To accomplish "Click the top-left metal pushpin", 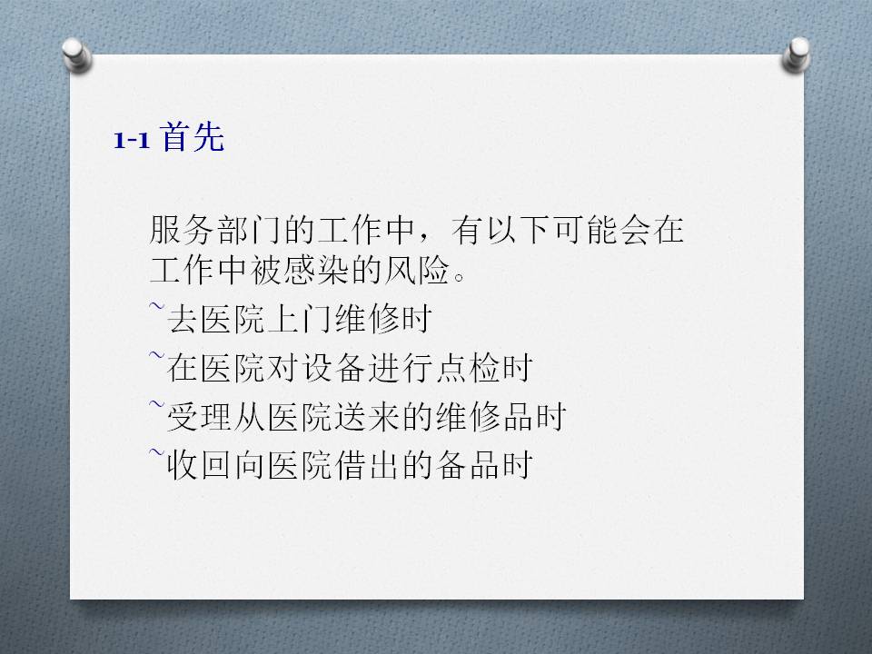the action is pos(76,55).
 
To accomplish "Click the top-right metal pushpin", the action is pos(796,54).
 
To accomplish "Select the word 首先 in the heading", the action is pos(193,137).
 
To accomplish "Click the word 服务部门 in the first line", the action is pos(215,230).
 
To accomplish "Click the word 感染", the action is pos(316,271).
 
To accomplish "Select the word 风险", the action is pos(417,271).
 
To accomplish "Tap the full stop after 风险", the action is pos(460,276).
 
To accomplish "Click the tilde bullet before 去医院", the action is pos(157,306).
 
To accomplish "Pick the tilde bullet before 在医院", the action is pos(157,354).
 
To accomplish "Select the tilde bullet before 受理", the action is pos(157,403).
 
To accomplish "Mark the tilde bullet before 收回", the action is pos(157,451).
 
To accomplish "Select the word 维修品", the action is pos(484,417).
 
